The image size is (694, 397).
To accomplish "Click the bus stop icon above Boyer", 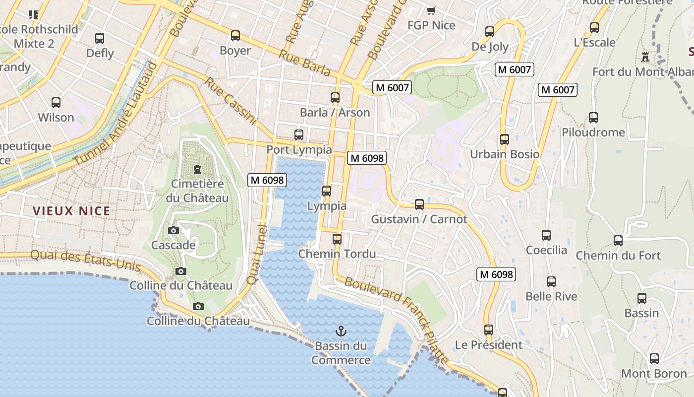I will coord(235,36).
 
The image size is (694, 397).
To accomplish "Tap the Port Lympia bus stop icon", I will coord(299,135).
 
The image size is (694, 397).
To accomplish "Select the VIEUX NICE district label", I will coord(71,211).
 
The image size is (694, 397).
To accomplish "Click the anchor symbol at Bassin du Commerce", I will coord(341,331).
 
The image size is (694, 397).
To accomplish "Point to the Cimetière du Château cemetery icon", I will coord(198,169).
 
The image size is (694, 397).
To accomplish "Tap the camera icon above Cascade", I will coord(173,230).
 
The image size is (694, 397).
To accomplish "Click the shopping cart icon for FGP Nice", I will coord(431,10).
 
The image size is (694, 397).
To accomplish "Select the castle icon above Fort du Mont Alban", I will coord(645,57).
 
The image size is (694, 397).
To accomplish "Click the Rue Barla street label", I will coord(304,63).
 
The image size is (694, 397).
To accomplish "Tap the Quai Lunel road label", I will coord(257,254).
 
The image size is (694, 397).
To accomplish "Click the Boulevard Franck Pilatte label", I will coord(397,320).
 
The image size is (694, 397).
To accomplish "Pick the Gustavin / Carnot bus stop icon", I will coord(419,204).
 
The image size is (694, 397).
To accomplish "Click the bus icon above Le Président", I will coord(489,330).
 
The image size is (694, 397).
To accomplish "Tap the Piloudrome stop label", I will coord(593,132).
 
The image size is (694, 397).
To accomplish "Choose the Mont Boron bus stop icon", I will coord(654,359).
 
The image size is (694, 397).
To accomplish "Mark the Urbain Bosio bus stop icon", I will coord(505,139).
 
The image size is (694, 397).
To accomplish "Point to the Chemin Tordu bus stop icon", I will coord(337,239).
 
